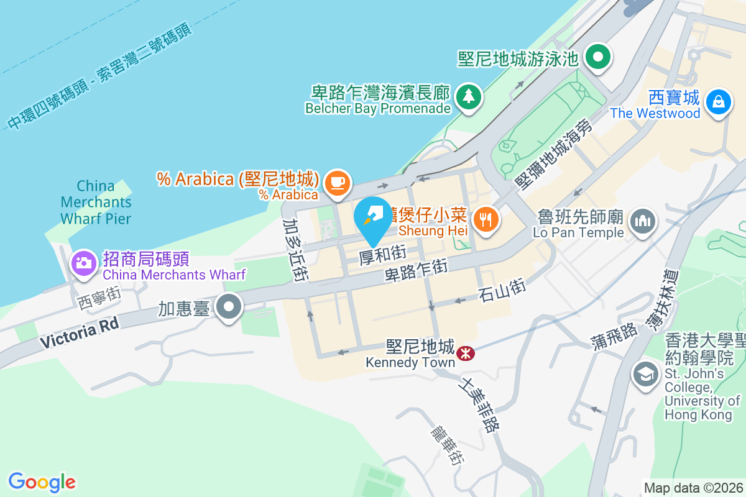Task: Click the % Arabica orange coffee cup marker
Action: tap(337, 183)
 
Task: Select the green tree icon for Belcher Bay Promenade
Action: tap(469, 96)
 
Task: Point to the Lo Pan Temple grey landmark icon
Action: tap(643, 220)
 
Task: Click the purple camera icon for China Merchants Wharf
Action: tap(83, 263)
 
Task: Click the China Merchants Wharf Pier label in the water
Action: tap(96, 202)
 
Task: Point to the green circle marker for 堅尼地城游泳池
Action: tap(599, 58)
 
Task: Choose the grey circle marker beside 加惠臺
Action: tap(229, 307)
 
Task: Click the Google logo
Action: tap(42, 482)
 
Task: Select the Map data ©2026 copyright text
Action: tap(693, 488)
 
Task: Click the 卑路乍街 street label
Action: tap(416, 271)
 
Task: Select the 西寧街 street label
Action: tap(99, 297)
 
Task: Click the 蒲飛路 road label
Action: tap(614, 334)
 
